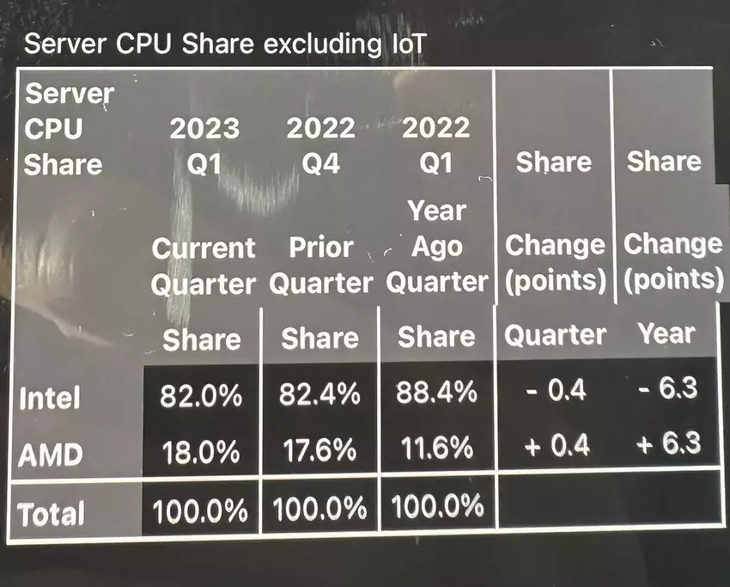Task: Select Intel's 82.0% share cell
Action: coord(201,395)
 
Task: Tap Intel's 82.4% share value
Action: coord(319,395)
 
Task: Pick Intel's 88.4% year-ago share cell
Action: coord(436,394)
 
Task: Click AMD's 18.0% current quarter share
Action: coord(201,450)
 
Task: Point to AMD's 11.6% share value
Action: coord(436,449)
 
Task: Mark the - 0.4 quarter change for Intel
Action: coord(555,391)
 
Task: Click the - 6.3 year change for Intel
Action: coord(667,389)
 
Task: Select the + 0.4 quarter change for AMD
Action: coord(554,445)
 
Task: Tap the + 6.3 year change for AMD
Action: coord(667,443)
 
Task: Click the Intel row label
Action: coord(50,399)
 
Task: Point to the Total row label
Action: coord(52,514)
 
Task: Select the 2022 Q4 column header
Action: coord(320,146)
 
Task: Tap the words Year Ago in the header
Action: coord(436,229)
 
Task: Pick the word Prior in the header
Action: coord(320,248)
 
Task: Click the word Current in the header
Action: coord(204,248)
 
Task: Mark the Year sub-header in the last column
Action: coord(666,333)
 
